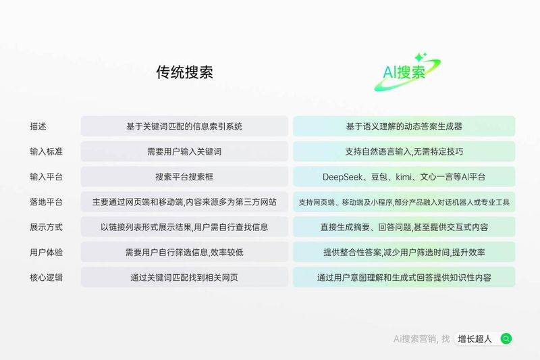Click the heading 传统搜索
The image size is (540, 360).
tap(184, 73)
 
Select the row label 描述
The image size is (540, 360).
tap(38, 126)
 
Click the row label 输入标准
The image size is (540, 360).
tap(47, 152)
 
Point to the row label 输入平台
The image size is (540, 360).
tap(47, 177)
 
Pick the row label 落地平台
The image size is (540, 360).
tap(47, 202)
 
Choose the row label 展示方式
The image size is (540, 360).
tap(47, 227)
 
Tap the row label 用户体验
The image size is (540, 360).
tap(47, 252)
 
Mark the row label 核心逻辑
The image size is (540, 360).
tap(47, 277)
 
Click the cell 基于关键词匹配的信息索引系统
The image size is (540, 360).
tap(184, 126)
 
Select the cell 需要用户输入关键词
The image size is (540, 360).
tap(184, 152)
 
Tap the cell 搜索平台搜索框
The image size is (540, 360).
tap(184, 177)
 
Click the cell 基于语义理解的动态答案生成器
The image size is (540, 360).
tap(404, 126)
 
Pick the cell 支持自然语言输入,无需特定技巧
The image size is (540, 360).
tap(404, 152)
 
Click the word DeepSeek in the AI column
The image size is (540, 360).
tap(345, 177)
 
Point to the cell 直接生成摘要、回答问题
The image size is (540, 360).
tap(404, 227)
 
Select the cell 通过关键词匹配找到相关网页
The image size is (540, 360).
tap(184, 277)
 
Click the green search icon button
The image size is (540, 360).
tap(506, 338)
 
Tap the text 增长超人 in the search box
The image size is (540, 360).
tap(475, 338)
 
